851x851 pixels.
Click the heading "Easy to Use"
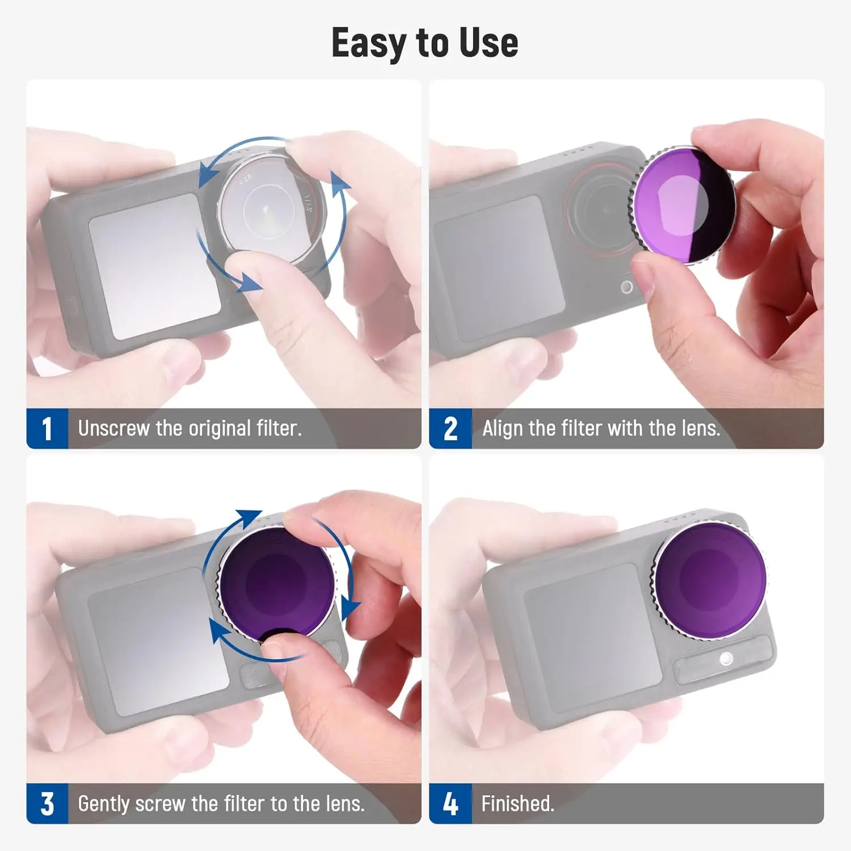424,43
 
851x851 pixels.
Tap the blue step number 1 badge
47,428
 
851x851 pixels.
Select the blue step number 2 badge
450,428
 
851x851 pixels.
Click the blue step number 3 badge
47,803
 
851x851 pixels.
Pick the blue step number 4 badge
450,803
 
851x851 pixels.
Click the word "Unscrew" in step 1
113,428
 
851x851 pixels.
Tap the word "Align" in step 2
503,428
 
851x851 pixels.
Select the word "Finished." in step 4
517,803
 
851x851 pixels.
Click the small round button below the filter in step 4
725,659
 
